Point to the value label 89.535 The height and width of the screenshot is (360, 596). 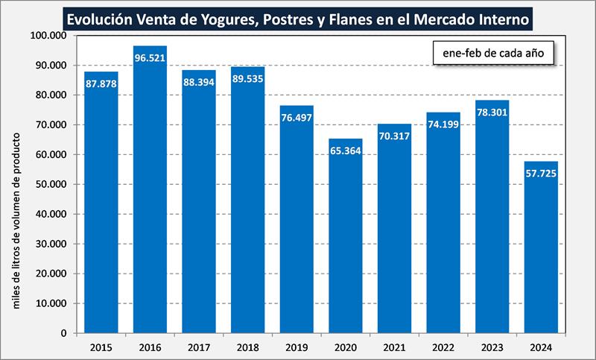tap(247, 79)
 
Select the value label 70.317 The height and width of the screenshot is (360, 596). tap(394, 136)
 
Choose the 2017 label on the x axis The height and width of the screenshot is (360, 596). tap(198, 347)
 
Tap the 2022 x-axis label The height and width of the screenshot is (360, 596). tap(443, 347)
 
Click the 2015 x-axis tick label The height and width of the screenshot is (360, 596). tap(101, 347)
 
